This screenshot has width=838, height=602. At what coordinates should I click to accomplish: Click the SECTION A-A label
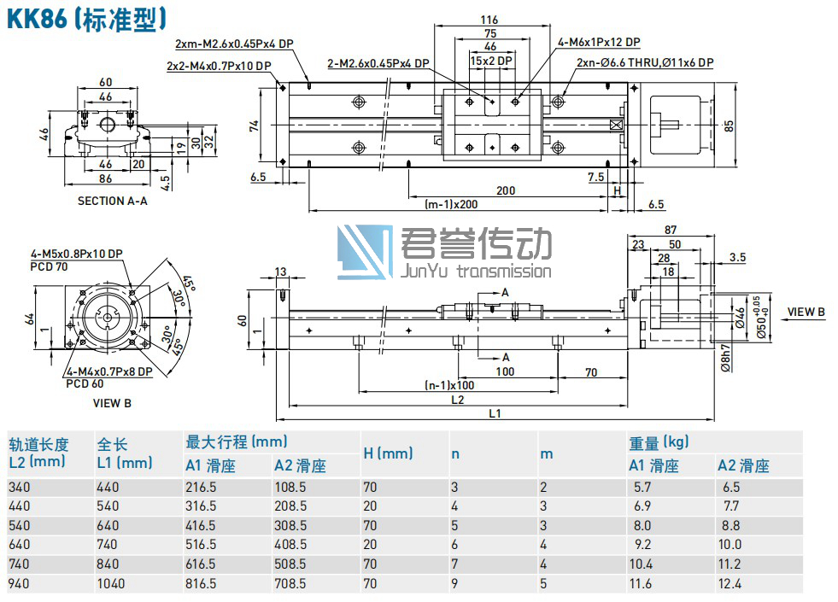click(x=112, y=201)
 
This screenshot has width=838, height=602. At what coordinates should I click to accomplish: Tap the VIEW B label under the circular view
click(x=112, y=402)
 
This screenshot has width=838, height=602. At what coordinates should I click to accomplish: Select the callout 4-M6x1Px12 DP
click(x=599, y=42)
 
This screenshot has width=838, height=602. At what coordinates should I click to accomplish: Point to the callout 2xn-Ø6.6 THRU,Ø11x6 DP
click(x=644, y=62)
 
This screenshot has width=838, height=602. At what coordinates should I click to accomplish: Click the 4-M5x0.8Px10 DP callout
click(x=76, y=254)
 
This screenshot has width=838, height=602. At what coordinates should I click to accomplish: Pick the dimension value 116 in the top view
click(x=489, y=20)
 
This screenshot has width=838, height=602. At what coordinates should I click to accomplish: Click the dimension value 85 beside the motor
click(x=728, y=125)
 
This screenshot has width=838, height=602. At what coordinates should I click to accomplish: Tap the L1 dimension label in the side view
click(x=495, y=413)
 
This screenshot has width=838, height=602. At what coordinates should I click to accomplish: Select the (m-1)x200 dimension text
click(x=452, y=204)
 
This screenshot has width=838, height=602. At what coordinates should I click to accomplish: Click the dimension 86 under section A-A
click(x=105, y=178)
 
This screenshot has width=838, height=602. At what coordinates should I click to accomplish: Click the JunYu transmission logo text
click(x=476, y=272)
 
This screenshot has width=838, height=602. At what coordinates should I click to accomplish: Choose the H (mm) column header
click(x=388, y=453)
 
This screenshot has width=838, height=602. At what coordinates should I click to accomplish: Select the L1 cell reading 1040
click(x=111, y=584)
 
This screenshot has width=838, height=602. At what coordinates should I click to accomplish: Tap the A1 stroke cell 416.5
click(x=204, y=526)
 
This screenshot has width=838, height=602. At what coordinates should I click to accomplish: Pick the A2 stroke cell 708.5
click(x=290, y=584)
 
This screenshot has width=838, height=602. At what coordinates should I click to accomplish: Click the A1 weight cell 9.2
click(x=642, y=545)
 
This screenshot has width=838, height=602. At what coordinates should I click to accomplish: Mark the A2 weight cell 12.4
click(x=732, y=584)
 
